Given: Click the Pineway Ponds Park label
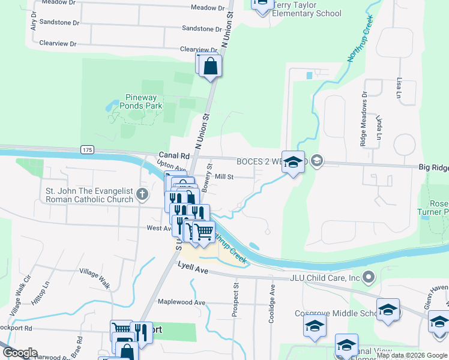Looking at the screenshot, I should pos(143,101).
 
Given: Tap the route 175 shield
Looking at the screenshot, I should pos(87,149).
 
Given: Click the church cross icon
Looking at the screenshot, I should pos(142,194).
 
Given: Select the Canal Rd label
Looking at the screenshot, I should pos(174,155).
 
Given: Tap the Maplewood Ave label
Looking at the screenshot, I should pos(181,302).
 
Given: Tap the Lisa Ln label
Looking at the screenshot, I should pos(398,88).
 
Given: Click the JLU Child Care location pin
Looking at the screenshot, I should pos(369,277).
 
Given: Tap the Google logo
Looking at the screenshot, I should pos(19,353).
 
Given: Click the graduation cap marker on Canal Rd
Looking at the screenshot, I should pos(293,162).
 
